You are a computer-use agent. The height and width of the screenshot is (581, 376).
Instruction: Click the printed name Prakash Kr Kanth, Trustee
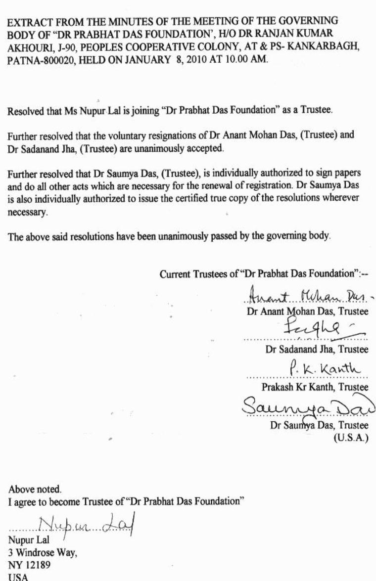(x=315, y=388)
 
